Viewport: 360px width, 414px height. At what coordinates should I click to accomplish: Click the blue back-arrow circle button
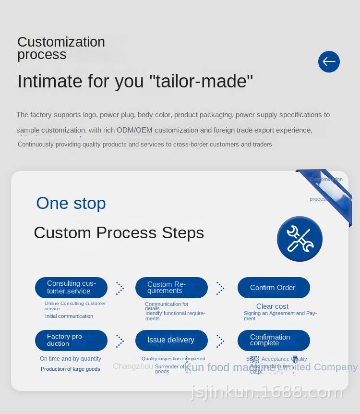tap(329, 61)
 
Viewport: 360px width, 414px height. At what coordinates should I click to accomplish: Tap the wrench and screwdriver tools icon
tap(300, 239)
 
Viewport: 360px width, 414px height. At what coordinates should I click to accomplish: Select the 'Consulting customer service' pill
tap(71, 287)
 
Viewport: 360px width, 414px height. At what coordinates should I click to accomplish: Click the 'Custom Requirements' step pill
tap(171, 287)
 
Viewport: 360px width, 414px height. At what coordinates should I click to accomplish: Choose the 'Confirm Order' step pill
tap(274, 287)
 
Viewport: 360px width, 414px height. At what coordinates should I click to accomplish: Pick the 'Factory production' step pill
tap(71, 340)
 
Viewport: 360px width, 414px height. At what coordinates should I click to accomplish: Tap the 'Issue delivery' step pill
tap(171, 340)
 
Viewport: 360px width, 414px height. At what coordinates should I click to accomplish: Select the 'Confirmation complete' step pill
tap(274, 340)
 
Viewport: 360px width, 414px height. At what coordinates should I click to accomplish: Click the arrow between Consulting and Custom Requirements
tap(120, 288)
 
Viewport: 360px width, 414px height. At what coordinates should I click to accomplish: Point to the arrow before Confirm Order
tap(220, 288)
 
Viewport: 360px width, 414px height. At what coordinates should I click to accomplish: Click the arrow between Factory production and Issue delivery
tap(120, 341)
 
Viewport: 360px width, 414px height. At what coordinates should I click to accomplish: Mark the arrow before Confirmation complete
tap(220, 341)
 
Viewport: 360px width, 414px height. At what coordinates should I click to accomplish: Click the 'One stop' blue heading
tap(71, 203)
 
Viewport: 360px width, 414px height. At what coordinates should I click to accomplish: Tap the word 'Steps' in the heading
tap(182, 233)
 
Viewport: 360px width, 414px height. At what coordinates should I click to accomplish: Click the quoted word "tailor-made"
tap(204, 82)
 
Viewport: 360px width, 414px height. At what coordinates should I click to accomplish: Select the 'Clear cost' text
tap(272, 306)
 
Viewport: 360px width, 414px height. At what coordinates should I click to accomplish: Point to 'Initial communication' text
tap(69, 316)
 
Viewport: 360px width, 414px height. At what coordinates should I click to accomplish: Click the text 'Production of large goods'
tap(70, 369)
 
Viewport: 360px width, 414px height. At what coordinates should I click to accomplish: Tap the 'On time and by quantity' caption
tap(71, 359)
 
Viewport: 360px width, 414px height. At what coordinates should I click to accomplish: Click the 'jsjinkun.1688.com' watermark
tap(267, 392)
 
